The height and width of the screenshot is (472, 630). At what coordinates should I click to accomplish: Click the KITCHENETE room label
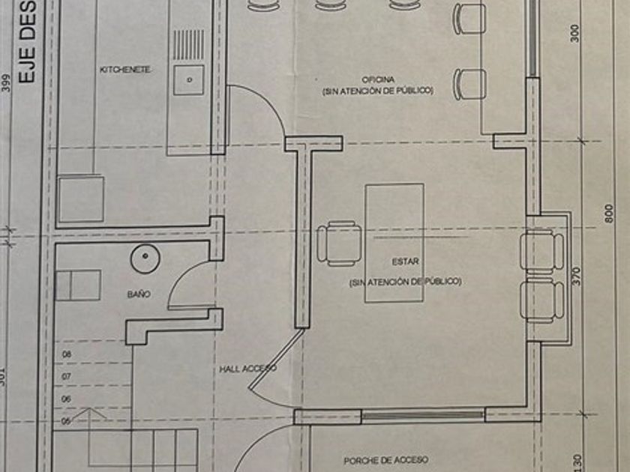(126, 70)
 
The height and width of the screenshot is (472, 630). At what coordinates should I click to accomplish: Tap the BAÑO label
(138, 294)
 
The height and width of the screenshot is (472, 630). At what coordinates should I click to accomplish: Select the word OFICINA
(378, 79)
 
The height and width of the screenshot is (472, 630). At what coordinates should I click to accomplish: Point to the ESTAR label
(403, 262)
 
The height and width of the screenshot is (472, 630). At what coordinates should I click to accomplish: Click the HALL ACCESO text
(247, 369)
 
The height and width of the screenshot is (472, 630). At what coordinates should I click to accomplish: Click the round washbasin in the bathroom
(145, 259)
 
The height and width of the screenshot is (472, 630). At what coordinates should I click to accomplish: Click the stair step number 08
(66, 354)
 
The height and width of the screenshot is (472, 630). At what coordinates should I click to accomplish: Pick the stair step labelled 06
(66, 399)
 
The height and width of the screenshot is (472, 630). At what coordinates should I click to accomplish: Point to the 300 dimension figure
(575, 32)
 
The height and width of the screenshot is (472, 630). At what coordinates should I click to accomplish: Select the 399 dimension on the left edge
(7, 82)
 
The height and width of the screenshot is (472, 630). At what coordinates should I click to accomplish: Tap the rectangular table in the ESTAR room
(394, 243)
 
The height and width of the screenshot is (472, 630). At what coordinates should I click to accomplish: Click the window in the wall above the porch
(424, 415)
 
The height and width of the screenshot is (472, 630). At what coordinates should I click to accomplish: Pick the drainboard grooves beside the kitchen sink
(188, 44)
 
